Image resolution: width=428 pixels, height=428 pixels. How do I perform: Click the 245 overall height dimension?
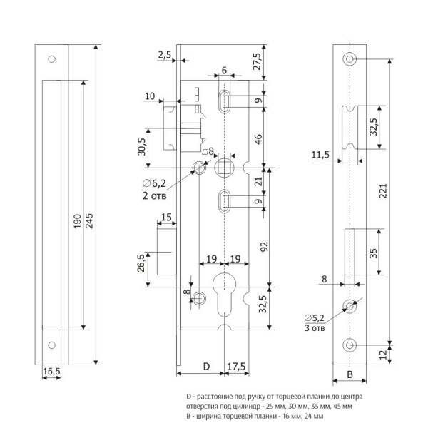point(89,220)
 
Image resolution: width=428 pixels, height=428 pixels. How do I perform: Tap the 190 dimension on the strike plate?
point(77,221)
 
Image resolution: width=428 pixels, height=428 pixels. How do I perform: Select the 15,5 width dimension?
point(51,371)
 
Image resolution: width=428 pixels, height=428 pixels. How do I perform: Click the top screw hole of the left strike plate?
point(51,59)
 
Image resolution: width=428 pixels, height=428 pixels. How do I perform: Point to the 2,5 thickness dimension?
point(165,55)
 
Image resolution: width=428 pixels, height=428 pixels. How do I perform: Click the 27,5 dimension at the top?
point(257,61)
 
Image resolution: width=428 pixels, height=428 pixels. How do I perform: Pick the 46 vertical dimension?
point(258,139)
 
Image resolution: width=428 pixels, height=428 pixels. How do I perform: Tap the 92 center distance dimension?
point(264,247)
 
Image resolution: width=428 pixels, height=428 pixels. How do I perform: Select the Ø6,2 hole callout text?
point(154,183)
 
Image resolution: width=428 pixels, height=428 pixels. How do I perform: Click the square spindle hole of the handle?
point(224,168)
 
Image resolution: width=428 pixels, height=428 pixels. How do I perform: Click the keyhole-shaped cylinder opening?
point(224,294)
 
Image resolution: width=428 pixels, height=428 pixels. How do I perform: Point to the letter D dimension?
point(207,367)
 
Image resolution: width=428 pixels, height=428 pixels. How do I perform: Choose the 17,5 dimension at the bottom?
point(236,367)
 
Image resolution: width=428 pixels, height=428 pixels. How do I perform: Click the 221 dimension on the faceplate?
point(384,191)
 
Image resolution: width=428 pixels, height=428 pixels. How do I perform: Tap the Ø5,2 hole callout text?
point(315,318)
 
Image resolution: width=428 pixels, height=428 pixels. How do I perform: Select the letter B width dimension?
point(350,374)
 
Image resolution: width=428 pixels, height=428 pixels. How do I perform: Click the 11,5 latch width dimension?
point(320,155)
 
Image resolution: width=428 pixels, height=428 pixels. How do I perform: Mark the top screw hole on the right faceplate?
point(350,59)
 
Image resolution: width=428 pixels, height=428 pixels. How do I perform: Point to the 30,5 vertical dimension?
point(142,147)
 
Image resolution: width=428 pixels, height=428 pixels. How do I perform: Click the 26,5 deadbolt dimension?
point(141,263)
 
